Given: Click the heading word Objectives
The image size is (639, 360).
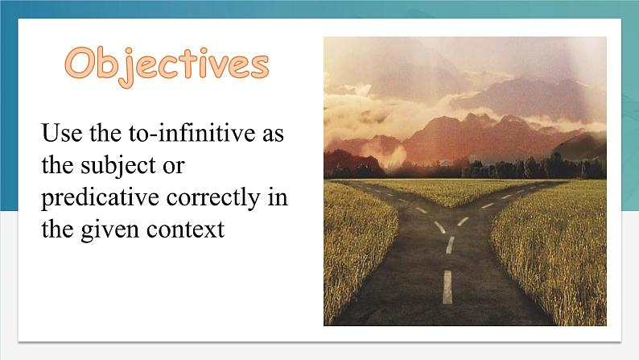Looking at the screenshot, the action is [x=167, y=65].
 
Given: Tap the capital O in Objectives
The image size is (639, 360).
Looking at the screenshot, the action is [x=80, y=63].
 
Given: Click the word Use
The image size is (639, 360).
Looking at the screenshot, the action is [x=61, y=134].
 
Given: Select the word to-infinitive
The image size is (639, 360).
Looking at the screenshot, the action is [x=192, y=133].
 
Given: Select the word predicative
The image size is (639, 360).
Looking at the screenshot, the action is [x=101, y=199].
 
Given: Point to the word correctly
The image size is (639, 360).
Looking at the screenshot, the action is [x=213, y=199].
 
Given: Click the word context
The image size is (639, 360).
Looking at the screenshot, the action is [x=185, y=230].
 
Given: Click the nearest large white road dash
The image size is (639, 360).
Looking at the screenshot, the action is [x=447, y=287].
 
